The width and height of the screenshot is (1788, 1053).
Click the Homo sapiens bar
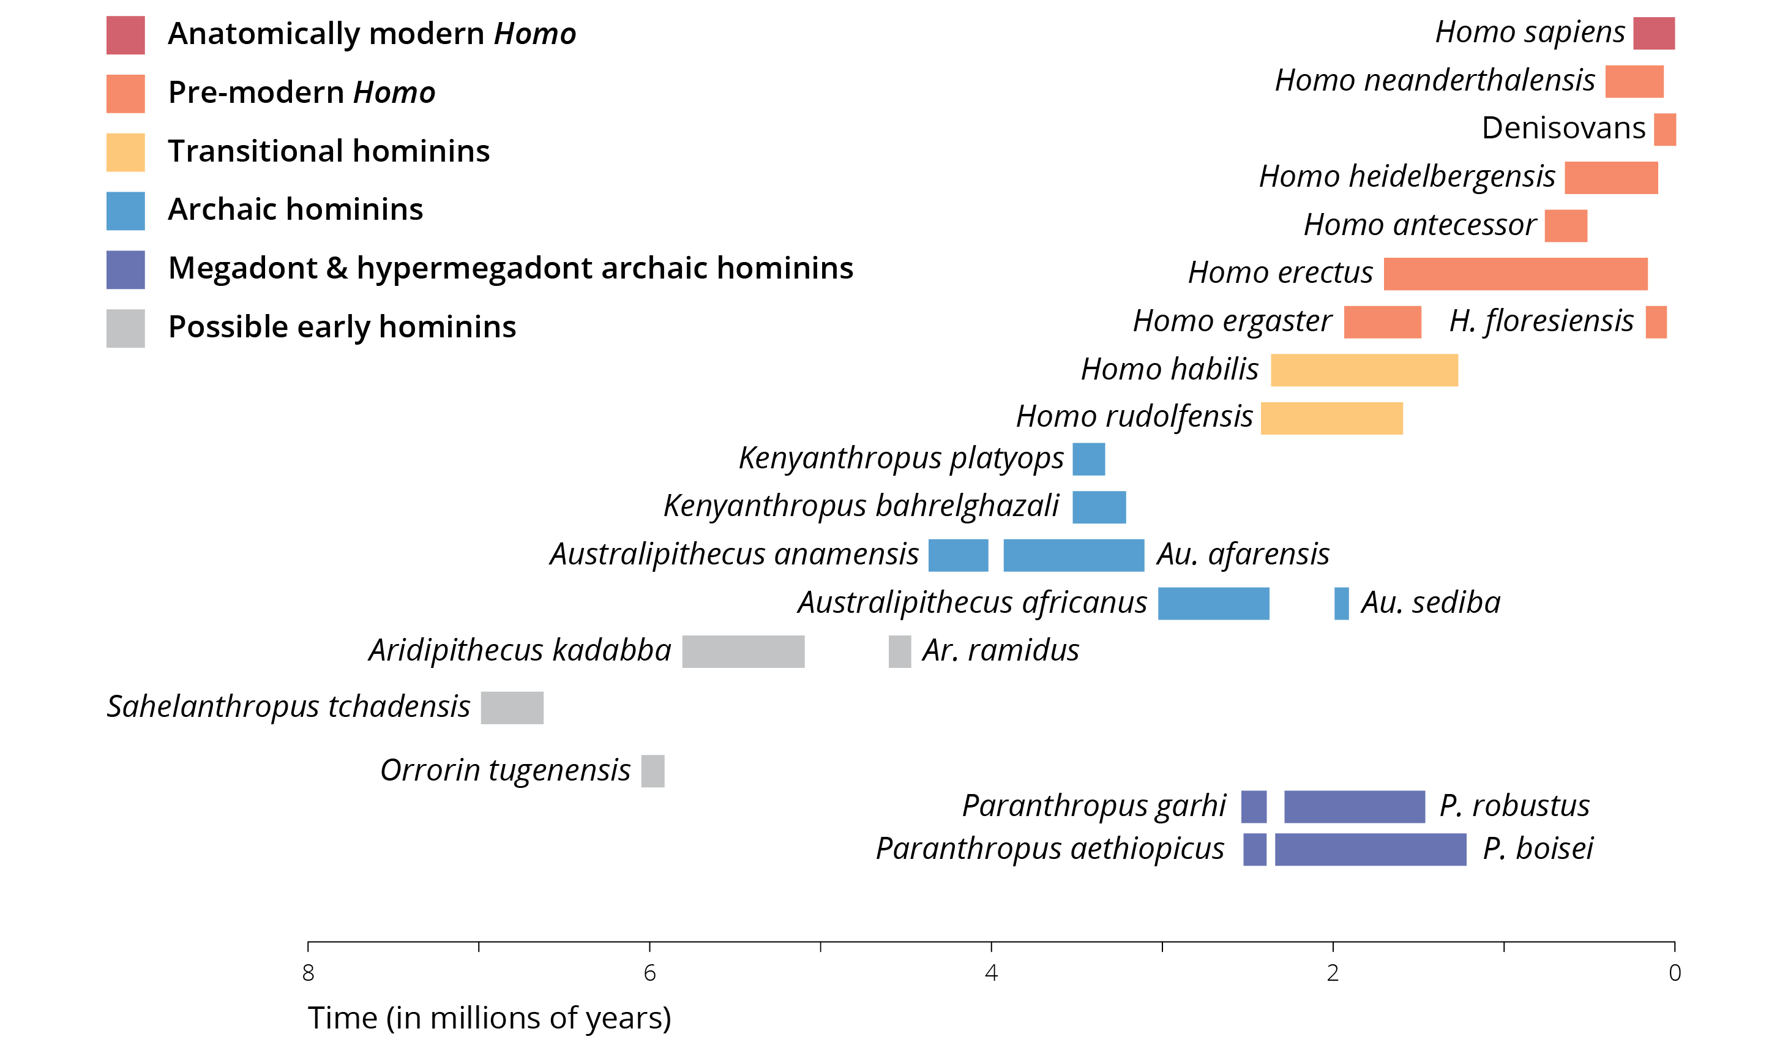click(x=1653, y=33)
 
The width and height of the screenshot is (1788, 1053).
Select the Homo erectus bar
click(x=1515, y=274)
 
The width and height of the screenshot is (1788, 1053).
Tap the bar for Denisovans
click(x=1664, y=130)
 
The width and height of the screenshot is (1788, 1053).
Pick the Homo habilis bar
click(x=1364, y=370)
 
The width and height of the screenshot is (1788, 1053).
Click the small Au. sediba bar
click(x=1341, y=604)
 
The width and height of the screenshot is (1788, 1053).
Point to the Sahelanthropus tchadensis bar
click(x=512, y=708)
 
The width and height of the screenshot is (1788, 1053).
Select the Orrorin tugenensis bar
click(x=653, y=771)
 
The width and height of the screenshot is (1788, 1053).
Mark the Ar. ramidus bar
click(x=899, y=652)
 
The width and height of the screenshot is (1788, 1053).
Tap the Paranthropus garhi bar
click(x=1253, y=807)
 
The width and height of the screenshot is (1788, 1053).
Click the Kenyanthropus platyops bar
click(x=1088, y=459)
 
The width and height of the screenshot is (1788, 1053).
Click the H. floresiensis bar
click(x=1656, y=322)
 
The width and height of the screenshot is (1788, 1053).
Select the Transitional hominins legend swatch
click(x=125, y=152)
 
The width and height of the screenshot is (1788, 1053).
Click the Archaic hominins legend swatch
click(x=125, y=211)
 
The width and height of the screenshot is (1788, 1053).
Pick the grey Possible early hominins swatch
click(x=125, y=329)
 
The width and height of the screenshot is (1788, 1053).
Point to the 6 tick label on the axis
click(x=649, y=973)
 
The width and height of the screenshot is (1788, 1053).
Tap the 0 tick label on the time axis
click(x=1675, y=973)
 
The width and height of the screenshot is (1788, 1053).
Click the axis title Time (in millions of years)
click(x=489, y=1018)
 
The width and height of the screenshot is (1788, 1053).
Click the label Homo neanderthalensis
click(x=1435, y=80)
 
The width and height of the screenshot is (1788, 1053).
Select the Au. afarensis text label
click(x=1243, y=554)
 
